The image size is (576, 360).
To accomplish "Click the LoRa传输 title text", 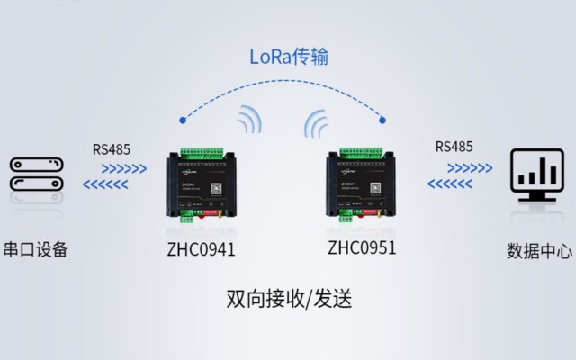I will pyautogui.click(x=289, y=57).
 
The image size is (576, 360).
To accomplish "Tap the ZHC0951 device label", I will pyautogui.click(x=362, y=247).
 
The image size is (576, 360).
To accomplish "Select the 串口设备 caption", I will pyautogui.click(x=36, y=249).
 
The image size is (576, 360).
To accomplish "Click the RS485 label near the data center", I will pyautogui.click(x=454, y=147).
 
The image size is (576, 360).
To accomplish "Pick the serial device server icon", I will pyautogui.click(x=36, y=174).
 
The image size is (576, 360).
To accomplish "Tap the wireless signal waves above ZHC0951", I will pyautogui.click(x=318, y=121).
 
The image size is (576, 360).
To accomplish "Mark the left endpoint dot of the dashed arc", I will pyautogui.click(x=183, y=118).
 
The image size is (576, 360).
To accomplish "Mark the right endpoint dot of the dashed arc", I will pyautogui.click(x=385, y=117).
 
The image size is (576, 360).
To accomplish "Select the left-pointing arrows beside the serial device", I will pyautogui.click(x=107, y=185).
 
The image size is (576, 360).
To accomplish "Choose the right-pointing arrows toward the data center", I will pyautogui.click(x=470, y=166).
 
